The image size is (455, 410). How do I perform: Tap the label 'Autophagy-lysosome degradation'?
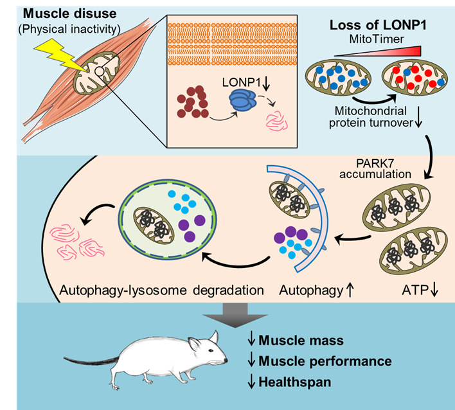[161, 290]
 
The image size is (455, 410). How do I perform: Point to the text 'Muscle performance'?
[325, 361]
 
